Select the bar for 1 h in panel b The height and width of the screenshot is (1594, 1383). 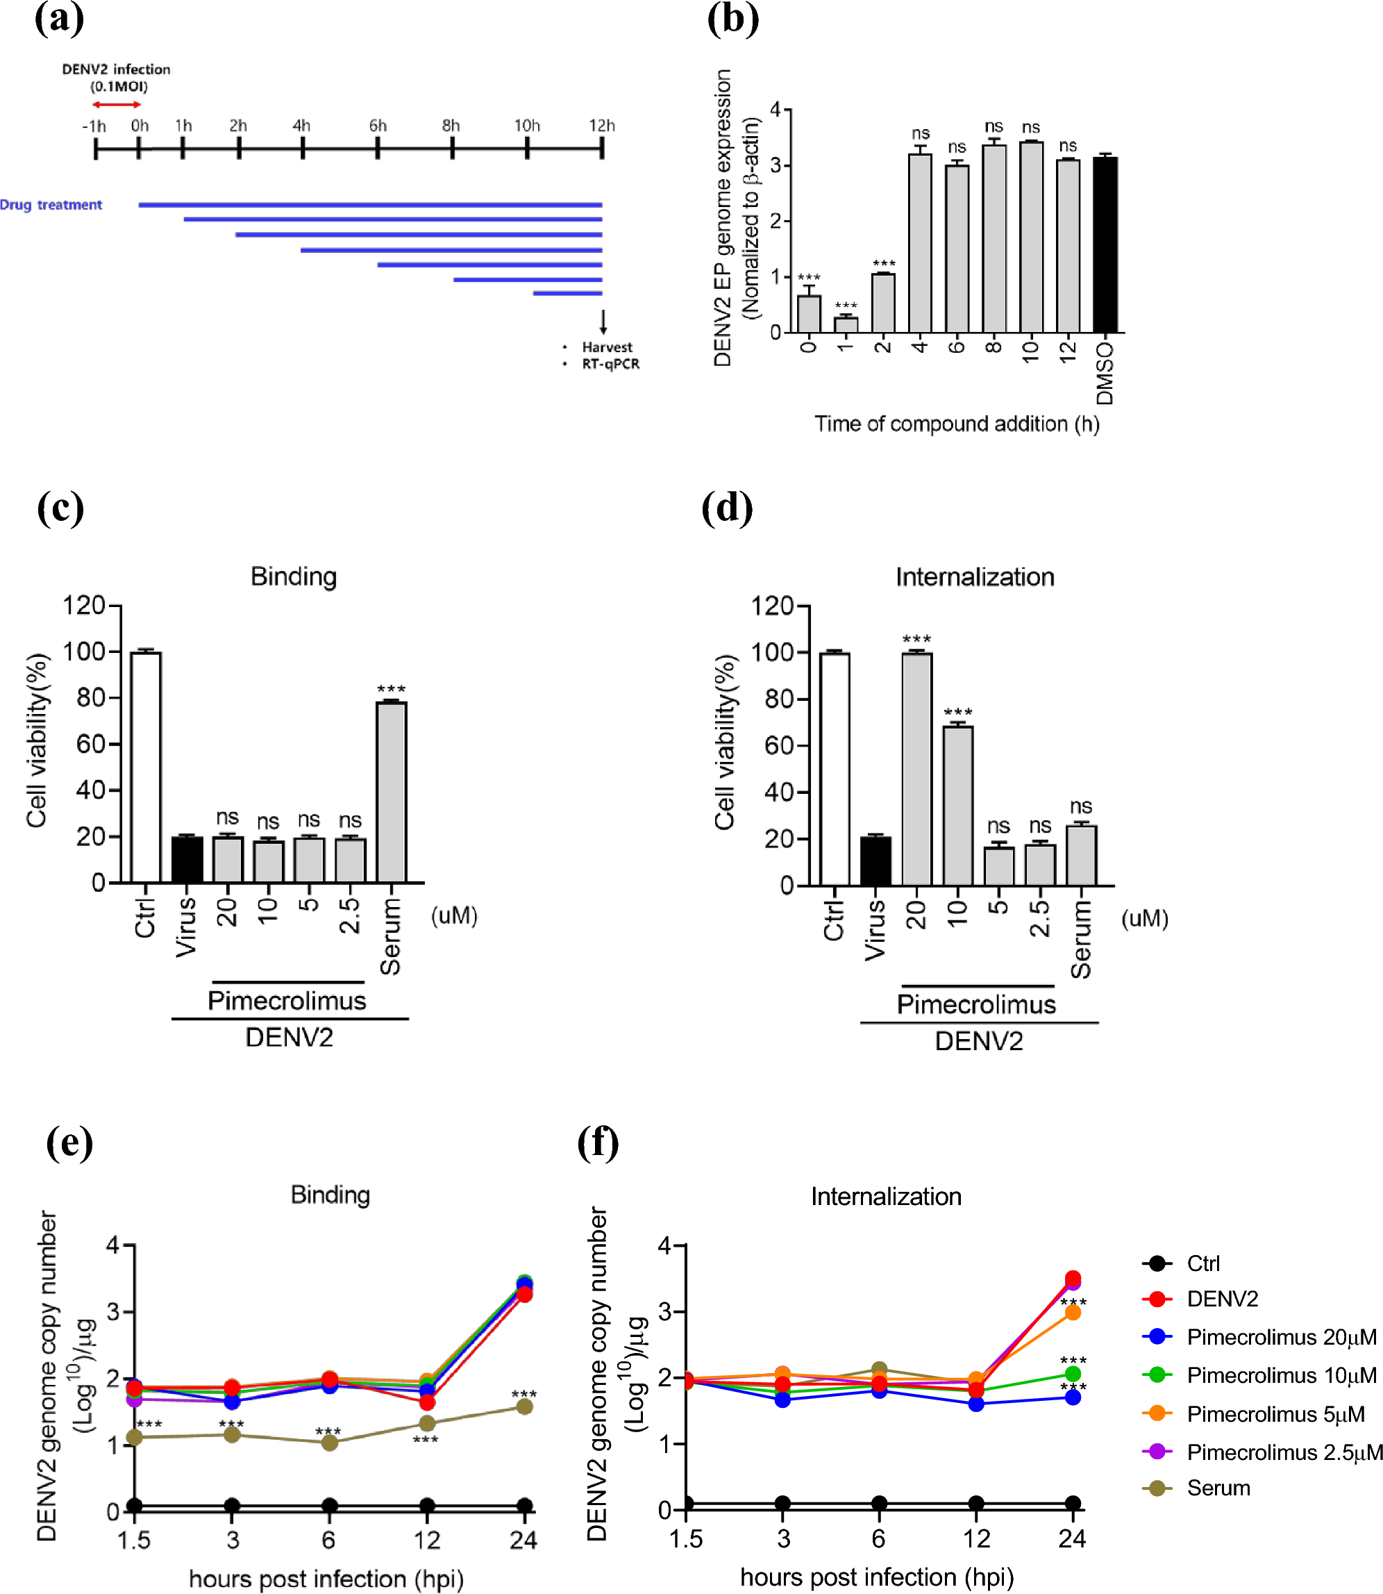tap(846, 324)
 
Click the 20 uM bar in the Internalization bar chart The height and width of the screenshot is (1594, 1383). tap(917, 769)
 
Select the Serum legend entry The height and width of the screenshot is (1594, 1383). tap(1217, 1488)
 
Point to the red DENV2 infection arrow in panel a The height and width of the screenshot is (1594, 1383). tap(117, 104)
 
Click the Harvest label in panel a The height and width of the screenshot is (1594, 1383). tap(607, 347)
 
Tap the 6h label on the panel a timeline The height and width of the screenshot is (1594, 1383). tap(378, 125)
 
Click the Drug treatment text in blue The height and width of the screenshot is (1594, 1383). tap(51, 205)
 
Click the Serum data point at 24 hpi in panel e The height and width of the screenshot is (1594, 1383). tap(524, 1406)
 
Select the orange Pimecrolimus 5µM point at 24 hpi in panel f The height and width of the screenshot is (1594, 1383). tap(1072, 1312)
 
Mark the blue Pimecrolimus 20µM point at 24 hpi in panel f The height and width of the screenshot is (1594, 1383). tap(1072, 1397)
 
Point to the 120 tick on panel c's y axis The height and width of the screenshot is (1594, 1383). tap(83, 605)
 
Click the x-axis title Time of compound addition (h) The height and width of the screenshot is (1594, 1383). tap(956, 424)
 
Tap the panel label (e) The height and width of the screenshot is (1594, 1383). tap(69, 1143)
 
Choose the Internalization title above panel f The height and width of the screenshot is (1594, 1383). tap(885, 1197)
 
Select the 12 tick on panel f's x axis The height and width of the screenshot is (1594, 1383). tap(975, 1538)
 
